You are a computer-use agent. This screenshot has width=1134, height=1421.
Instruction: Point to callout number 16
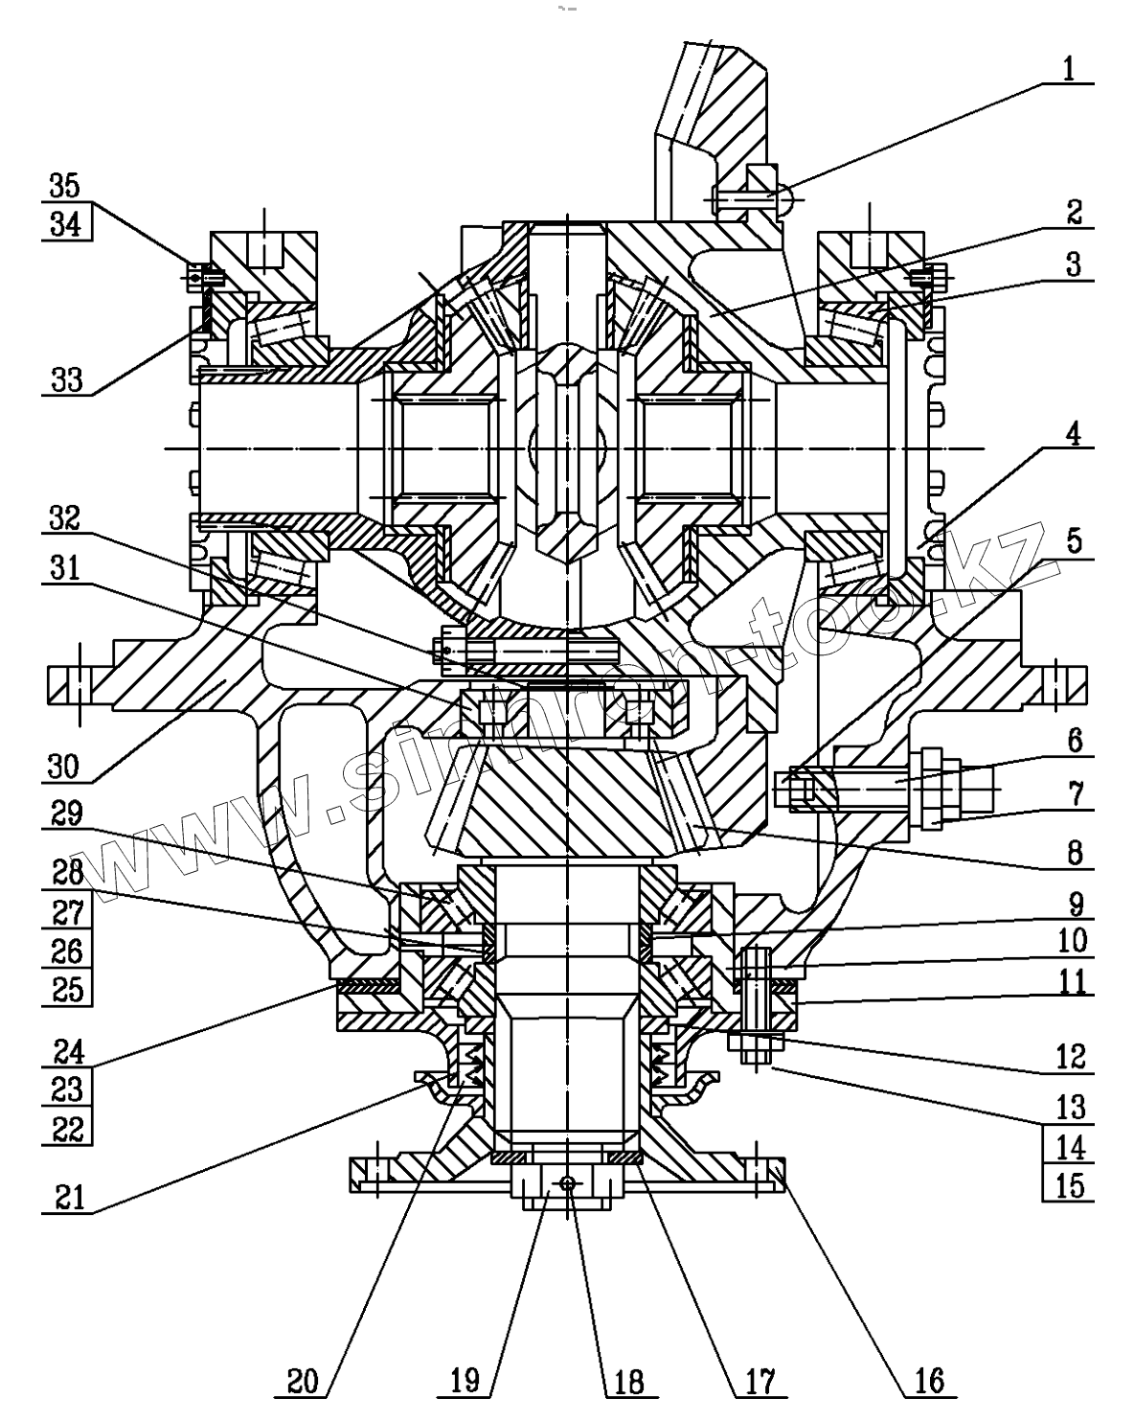point(929,1381)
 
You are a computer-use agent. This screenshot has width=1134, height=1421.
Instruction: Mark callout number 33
point(65,380)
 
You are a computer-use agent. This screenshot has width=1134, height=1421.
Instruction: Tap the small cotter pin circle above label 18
point(568,1183)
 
